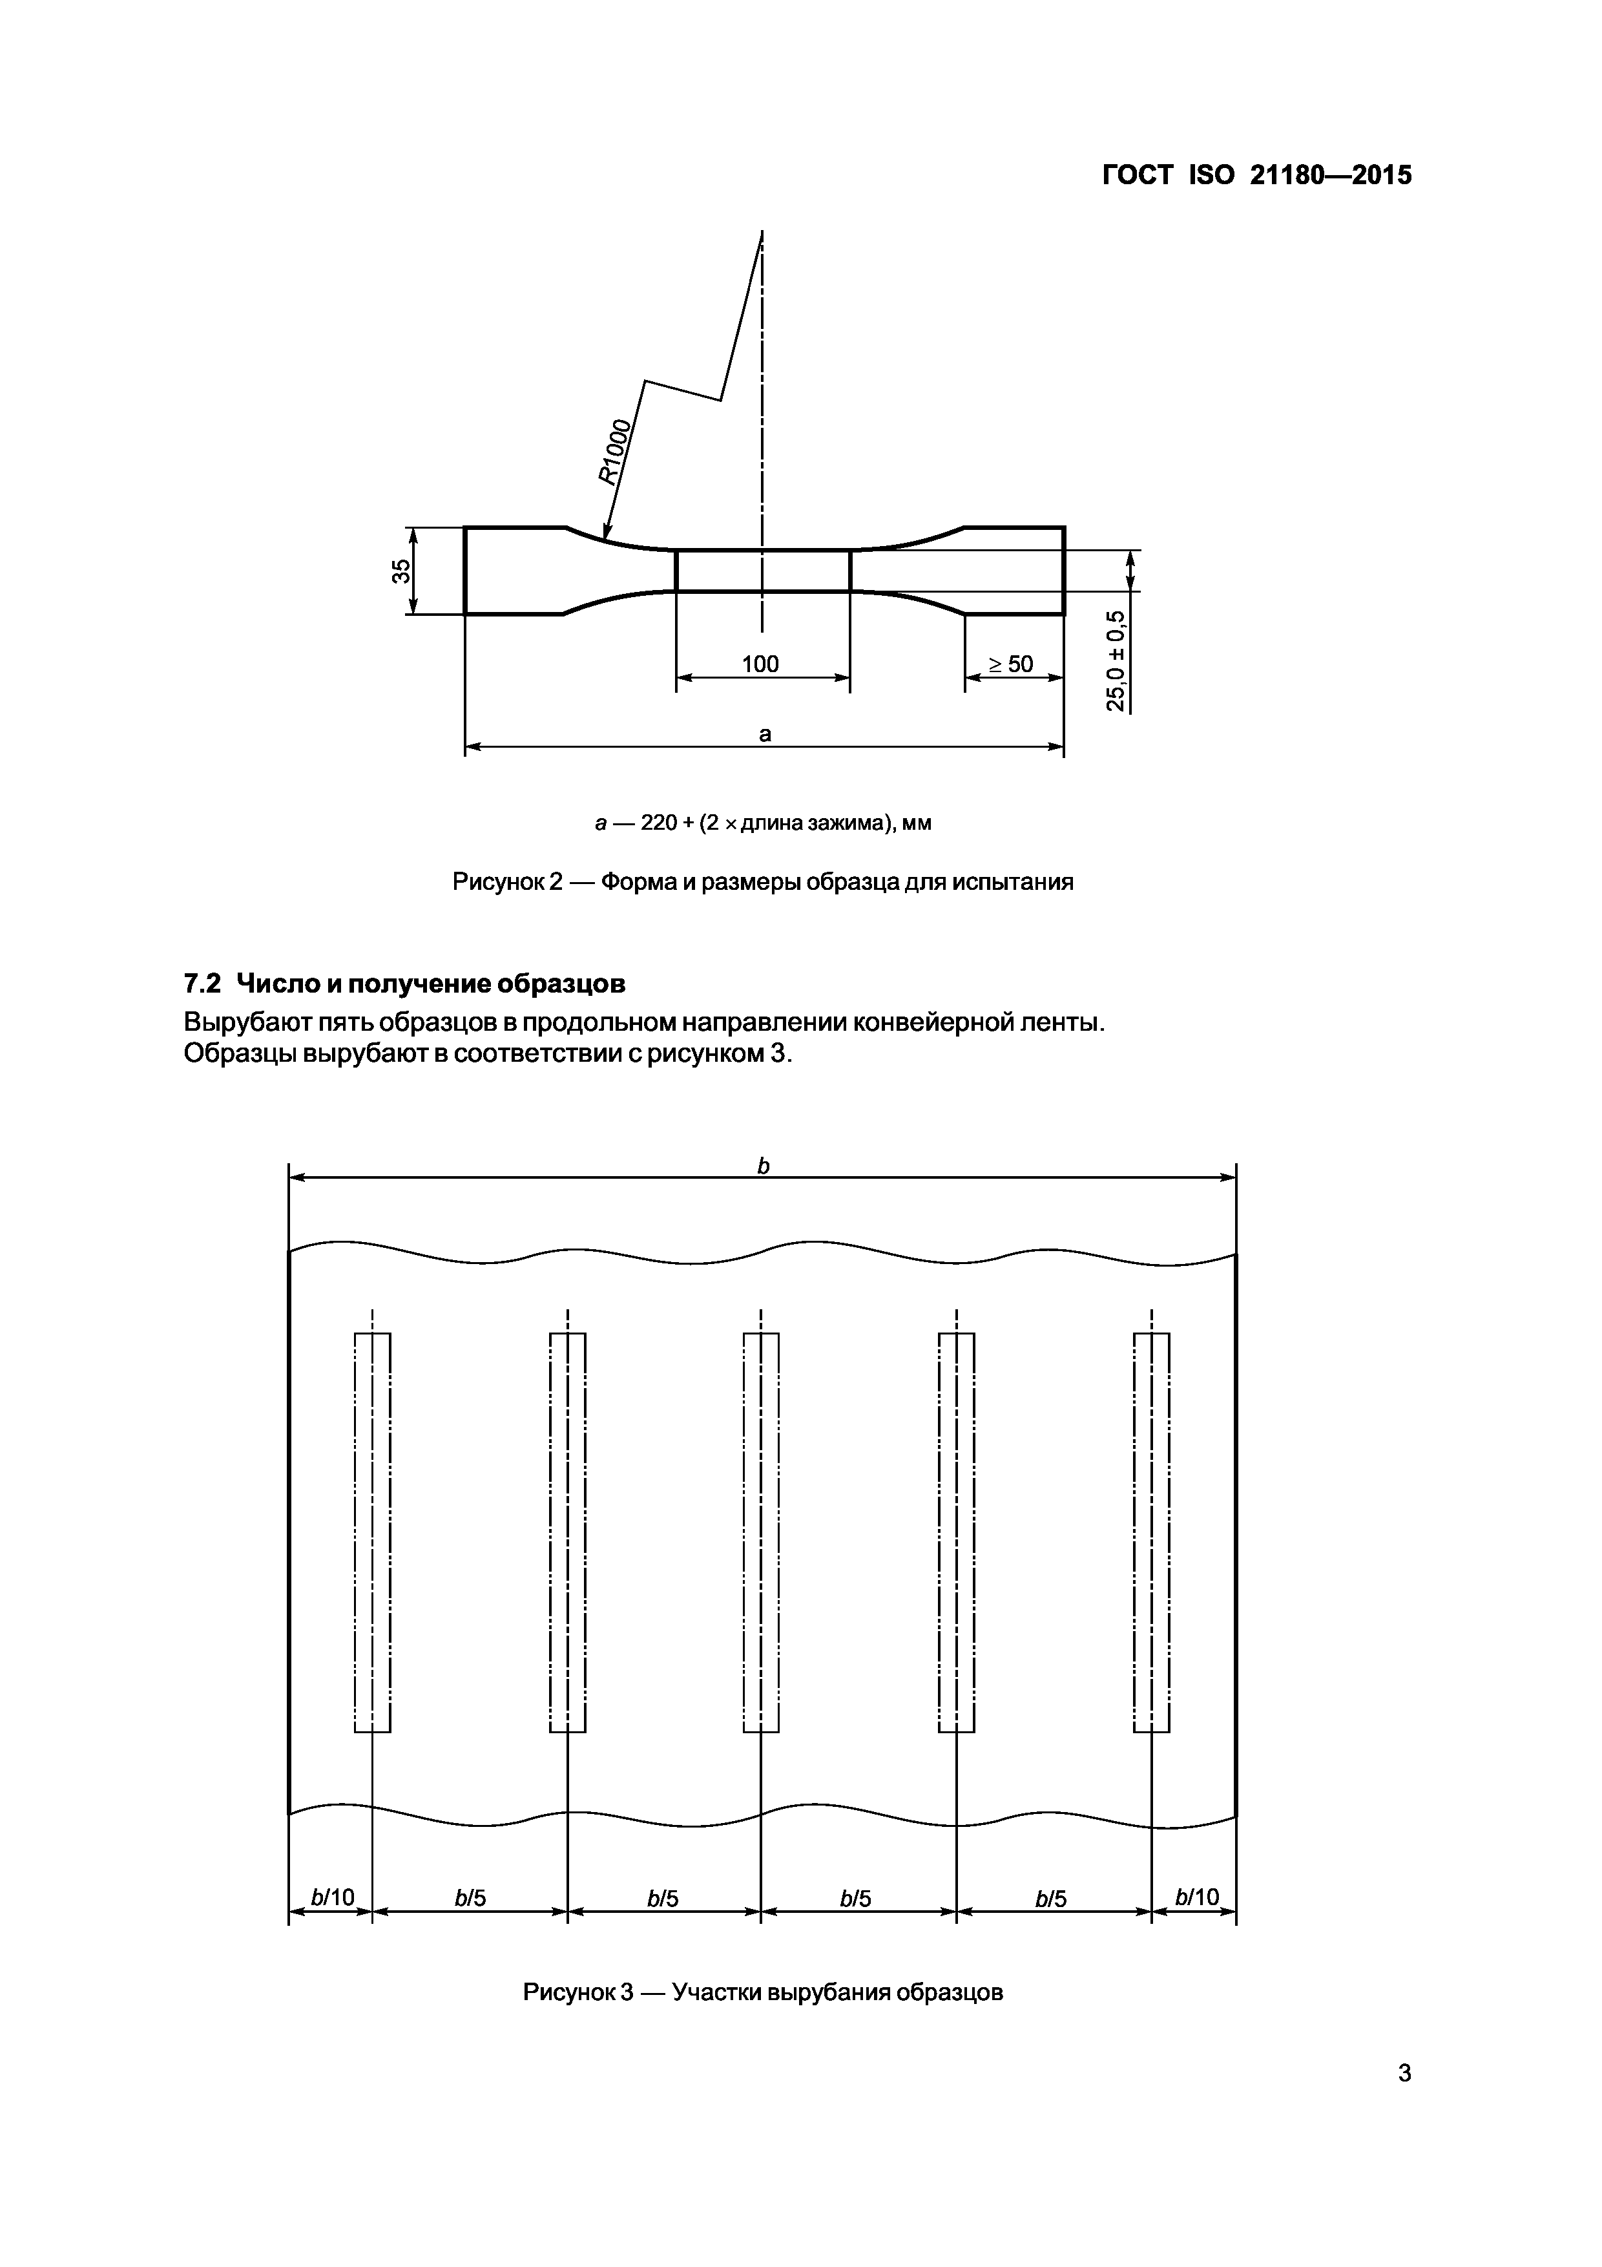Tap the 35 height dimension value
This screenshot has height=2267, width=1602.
pyautogui.click(x=400, y=571)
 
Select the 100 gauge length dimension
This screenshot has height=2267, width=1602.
pyautogui.click(x=760, y=664)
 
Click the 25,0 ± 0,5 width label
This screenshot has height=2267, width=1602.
pyautogui.click(x=1116, y=660)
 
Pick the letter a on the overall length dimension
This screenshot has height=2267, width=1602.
pyautogui.click(x=764, y=733)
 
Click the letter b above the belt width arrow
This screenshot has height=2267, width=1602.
pyautogui.click(x=762, y=1166)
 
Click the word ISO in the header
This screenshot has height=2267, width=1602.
pyautogui.click(x=1211, y=176)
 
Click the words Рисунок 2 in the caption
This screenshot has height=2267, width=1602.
pyautogui.click(x=507, y=881)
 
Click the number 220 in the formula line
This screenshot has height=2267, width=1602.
pyautogui.click(x=658, y=823)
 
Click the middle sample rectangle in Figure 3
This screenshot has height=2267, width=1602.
pyautogui.click(x=761, y=1532)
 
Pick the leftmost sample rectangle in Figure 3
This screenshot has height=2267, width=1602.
pyautogui.click(x=372, y=1532)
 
